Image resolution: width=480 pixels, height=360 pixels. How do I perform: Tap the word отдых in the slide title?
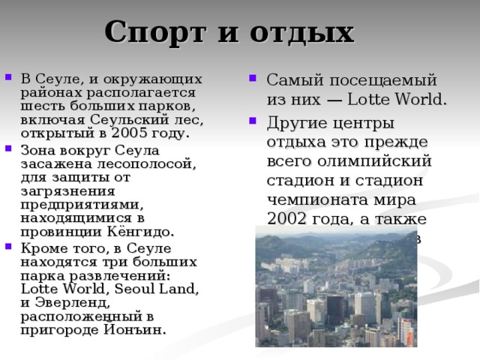tap(307, 33)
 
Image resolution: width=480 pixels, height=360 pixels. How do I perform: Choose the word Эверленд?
tap(77, 303)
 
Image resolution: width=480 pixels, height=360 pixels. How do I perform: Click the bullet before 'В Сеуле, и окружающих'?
tap(7, 79)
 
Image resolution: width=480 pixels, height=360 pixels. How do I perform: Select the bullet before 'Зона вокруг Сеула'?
tap(7, 149)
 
